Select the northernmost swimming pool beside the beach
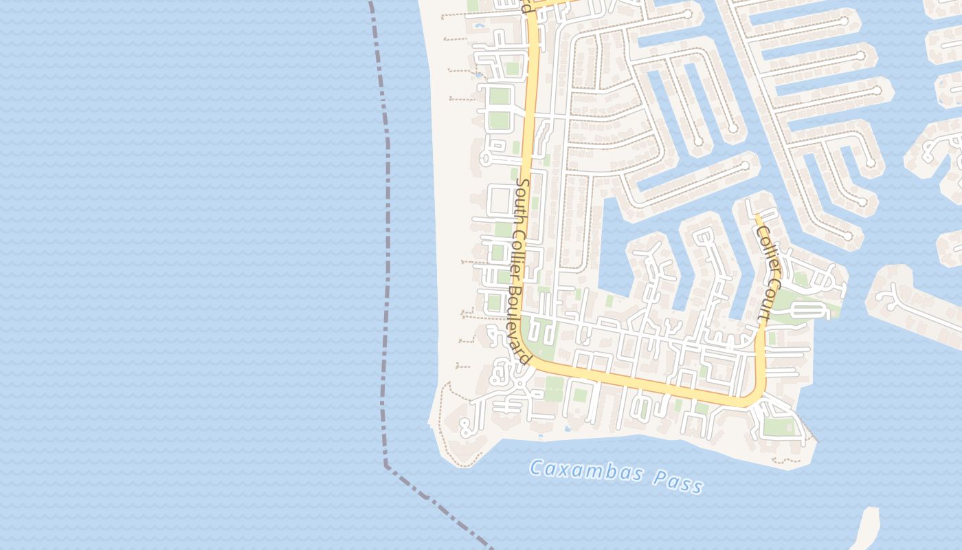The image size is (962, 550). click(x=479, y=25)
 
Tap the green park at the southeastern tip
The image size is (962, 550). click(x=778, y=426)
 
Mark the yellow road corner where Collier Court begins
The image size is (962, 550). click(x=754, y=399)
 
